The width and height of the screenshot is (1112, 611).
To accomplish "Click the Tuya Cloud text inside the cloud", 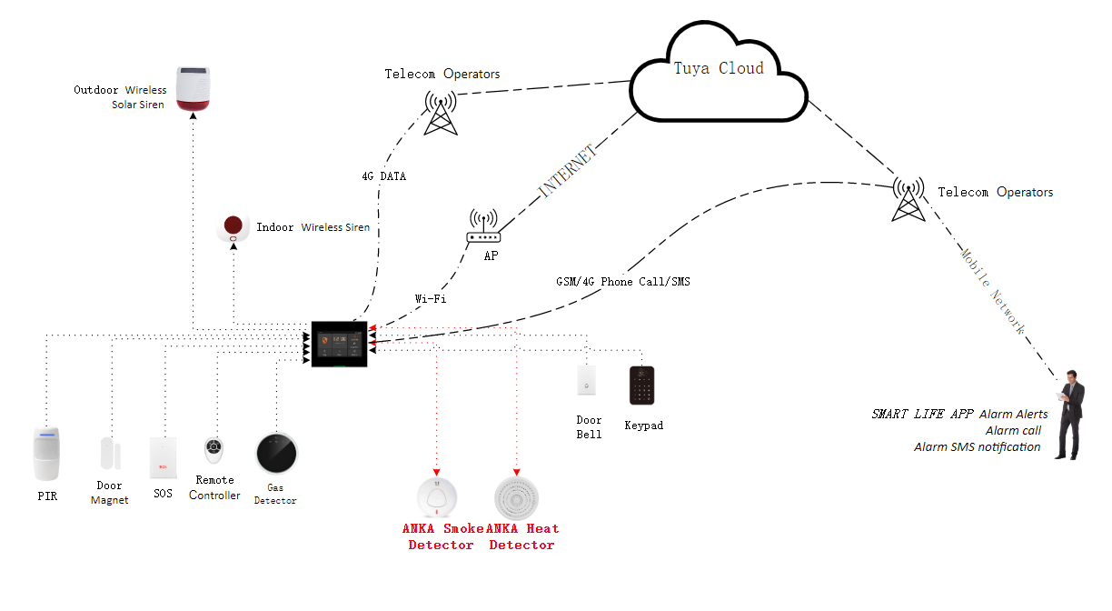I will click(x=719, y=68).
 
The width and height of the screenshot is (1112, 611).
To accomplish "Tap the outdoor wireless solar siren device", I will click(x=194, y=90).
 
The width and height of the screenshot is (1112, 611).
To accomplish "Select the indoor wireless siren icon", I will click(x=233, y=228).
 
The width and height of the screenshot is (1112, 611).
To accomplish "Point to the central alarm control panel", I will click(x=340, y=345).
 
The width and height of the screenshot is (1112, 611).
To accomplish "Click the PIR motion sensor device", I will click(x=46, y=453).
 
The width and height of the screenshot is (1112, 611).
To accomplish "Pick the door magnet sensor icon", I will click(x=107, y=455).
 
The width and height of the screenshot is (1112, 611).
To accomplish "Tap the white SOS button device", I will click(x=162, y=458).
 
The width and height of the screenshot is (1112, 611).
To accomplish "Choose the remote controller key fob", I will click(x=213, y=450).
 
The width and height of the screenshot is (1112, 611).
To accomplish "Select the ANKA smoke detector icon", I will click(x=437, y=498).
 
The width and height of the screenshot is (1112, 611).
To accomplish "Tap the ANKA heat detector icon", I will click(x=516, y=498).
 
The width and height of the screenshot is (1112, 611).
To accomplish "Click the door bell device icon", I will click(x=587, y=381).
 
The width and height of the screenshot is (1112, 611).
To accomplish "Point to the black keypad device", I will click(x=641, y=386).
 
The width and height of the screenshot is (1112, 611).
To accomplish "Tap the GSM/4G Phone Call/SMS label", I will click(x=623, y=282).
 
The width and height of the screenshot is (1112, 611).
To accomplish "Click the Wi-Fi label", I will click(x=430, y=297).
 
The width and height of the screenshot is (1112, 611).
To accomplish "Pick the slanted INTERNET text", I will click(x=568, y=171).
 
